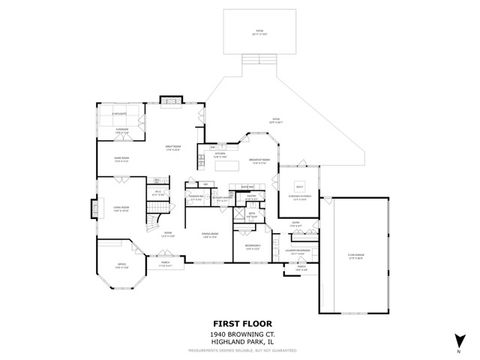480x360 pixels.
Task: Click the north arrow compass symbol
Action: pos(459,338)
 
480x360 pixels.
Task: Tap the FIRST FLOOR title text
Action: pos(239,323)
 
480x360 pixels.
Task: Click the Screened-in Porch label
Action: pos(300,196)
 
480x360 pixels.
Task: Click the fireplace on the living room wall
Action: pos(95,208)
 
